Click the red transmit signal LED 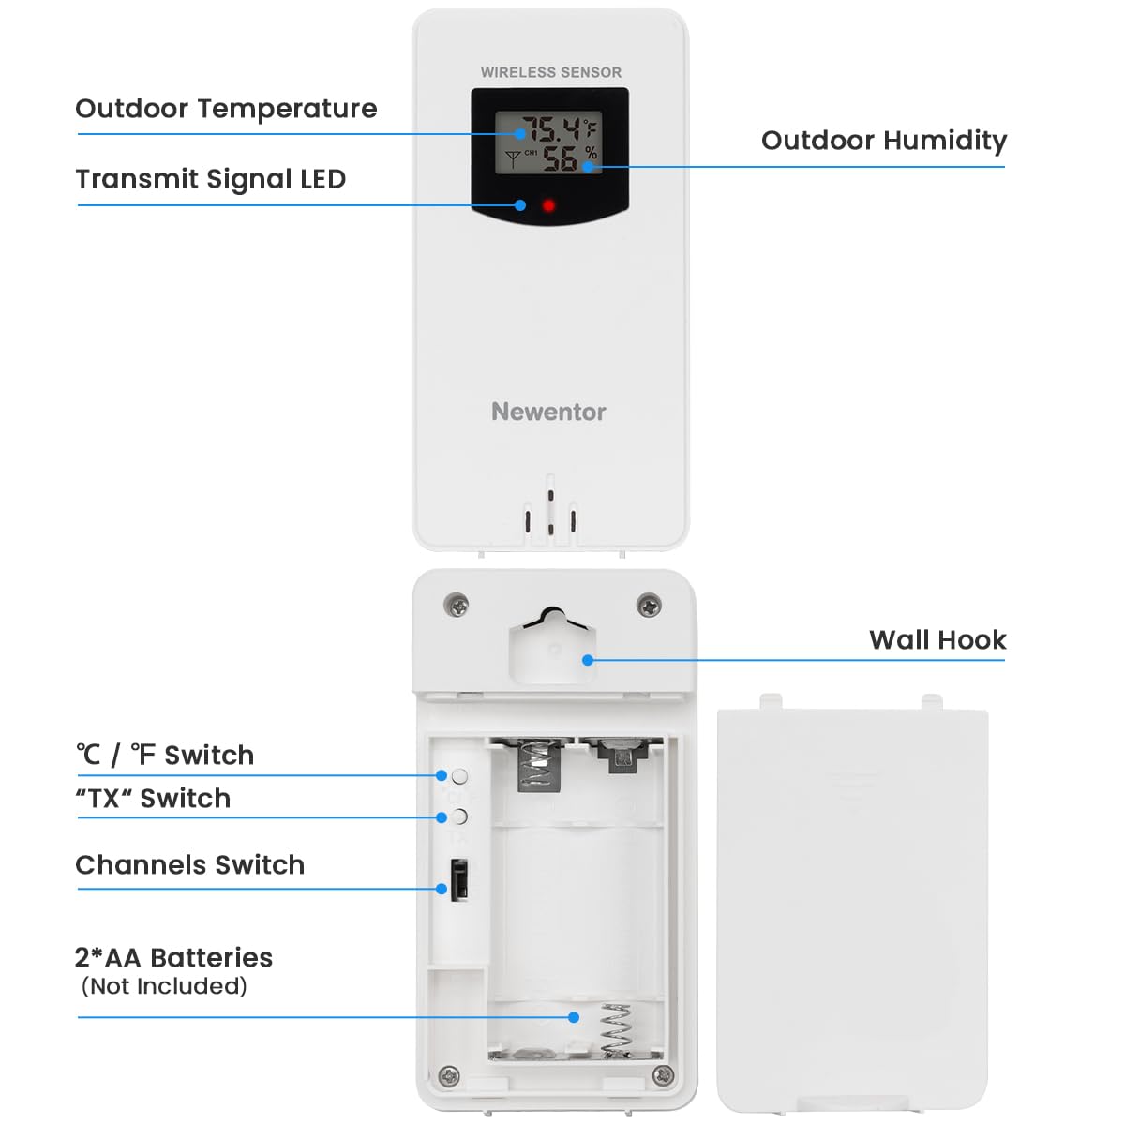548,205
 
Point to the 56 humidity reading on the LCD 561,158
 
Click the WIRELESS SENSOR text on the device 550,72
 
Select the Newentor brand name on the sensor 548,412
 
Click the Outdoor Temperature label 226,109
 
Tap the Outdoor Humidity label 883,141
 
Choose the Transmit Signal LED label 211,179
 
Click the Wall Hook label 937,640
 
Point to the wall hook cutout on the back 551,646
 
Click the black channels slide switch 459,879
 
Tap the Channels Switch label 190,864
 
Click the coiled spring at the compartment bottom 615,1029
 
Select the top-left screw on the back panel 457,605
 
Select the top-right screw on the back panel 648,605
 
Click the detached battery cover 852,909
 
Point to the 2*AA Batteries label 173,957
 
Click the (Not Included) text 164,986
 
